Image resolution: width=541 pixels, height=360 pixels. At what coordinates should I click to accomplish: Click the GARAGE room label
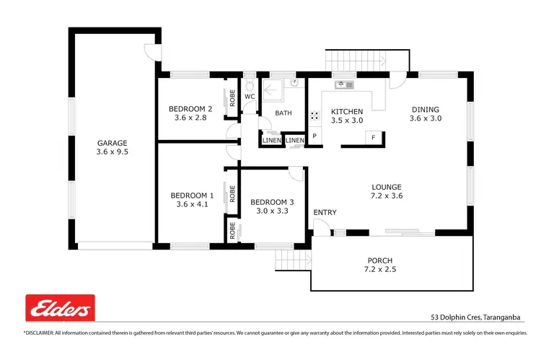click(x=111, y=143)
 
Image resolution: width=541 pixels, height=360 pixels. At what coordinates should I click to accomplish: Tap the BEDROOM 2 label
click(x=191, y=108)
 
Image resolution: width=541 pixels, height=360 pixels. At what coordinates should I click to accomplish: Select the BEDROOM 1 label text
click(x=191, y=196)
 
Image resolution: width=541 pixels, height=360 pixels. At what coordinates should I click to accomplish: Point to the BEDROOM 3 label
click(x=272, y=202)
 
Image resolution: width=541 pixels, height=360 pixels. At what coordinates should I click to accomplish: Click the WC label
click(x=250, y=96)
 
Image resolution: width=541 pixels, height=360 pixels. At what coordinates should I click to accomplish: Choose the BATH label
click(x=283, y=113)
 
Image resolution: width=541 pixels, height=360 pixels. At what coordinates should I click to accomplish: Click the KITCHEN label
click(x=346, y=111)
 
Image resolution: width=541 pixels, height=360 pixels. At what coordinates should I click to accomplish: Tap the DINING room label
click(x=425, y=109)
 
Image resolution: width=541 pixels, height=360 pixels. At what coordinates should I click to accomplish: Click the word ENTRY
click(x=325, y=212)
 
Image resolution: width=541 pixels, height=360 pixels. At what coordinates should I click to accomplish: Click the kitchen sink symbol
click(x=344, y=85)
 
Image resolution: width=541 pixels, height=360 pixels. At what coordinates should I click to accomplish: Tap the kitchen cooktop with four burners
click(x=315, y=115)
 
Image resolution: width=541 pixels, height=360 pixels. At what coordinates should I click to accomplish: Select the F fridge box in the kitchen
click(x=373, y=137)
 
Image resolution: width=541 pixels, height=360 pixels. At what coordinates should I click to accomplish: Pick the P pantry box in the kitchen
click(x=315, y=137)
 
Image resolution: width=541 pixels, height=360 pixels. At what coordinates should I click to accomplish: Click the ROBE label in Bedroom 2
click(x=232, y=97)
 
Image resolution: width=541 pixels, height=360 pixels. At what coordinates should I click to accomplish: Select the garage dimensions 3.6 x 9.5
click(x=111, y=152)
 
